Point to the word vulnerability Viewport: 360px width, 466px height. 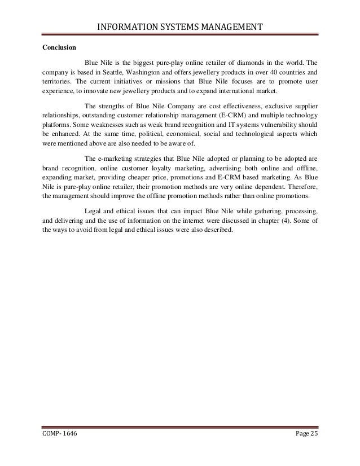click(x=269, y=125)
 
